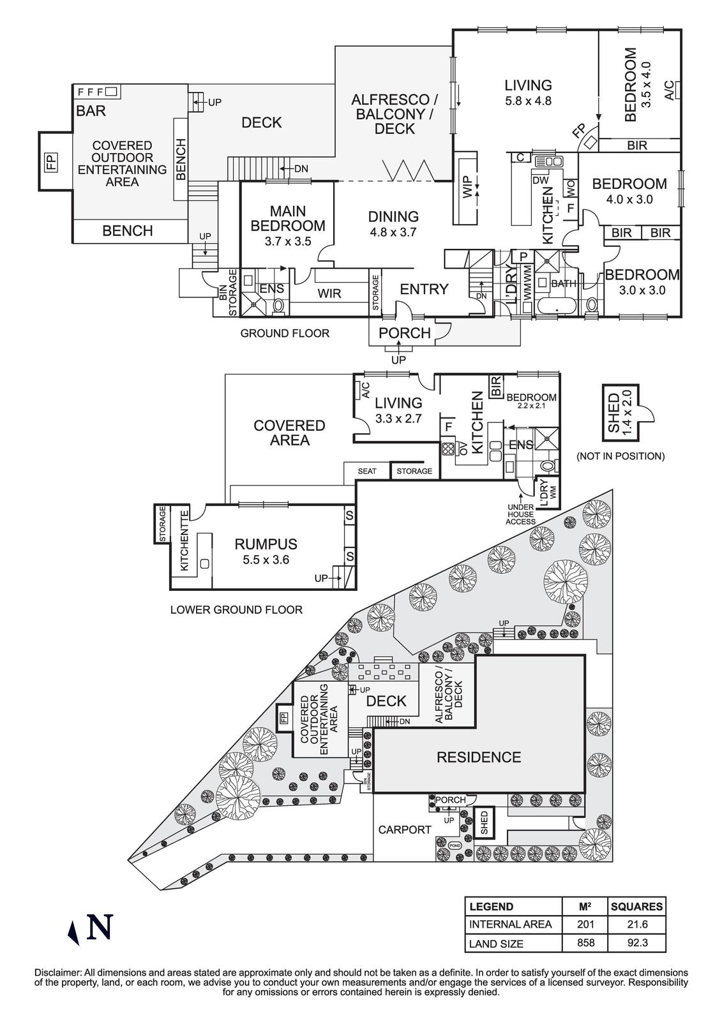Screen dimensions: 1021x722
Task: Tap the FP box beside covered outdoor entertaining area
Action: point(51,161)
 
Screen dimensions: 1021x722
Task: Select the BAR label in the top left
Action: point(91,111)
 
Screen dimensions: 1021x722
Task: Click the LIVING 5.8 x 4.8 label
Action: point(527,92)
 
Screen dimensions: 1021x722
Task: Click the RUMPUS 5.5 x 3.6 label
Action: point(266,551)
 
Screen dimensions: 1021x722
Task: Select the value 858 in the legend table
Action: point(585,943)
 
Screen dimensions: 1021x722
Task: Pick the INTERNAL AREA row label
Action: point(510,924)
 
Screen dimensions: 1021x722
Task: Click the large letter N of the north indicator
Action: point(100,927)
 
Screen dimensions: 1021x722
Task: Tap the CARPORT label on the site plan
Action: point(405,830)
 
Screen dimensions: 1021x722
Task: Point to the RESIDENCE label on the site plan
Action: point(478,757)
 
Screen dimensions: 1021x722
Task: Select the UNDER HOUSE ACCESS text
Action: point(521,514)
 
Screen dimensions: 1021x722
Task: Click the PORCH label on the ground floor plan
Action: point(405,332)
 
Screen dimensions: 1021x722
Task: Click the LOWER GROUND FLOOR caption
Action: point(236,609)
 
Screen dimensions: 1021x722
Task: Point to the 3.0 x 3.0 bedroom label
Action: point(642,282)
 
